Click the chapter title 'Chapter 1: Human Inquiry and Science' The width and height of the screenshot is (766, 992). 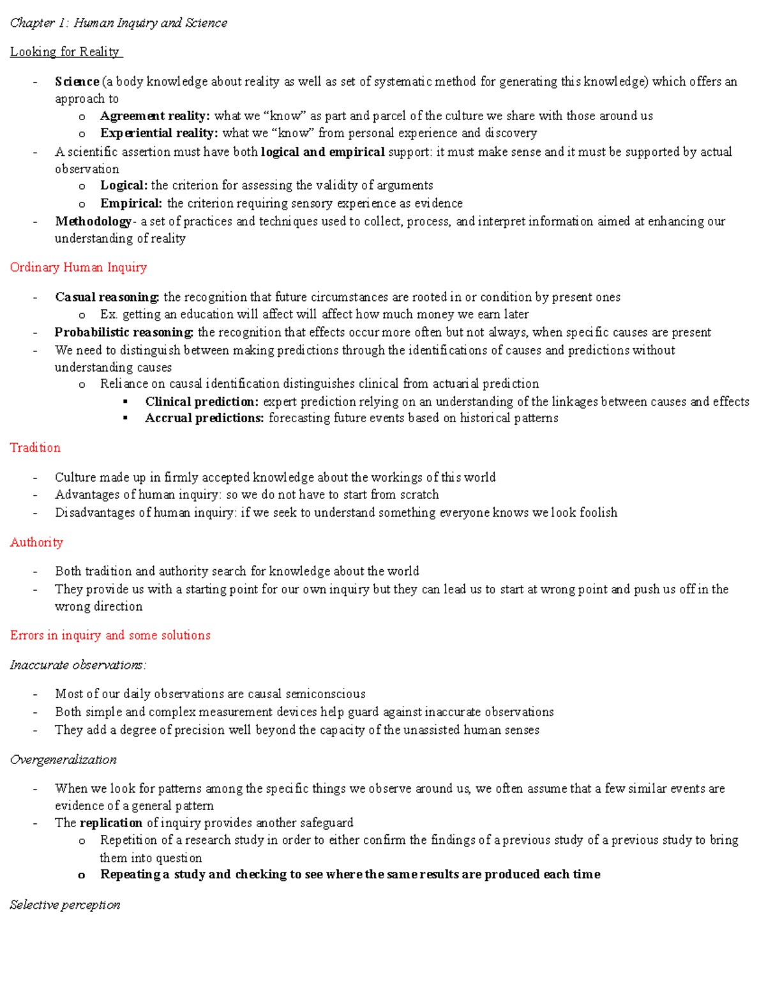click(x=118, y=23)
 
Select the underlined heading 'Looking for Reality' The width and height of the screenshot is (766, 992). click(x=65, y=52)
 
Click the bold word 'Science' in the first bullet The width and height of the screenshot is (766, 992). click(x=77, y=82)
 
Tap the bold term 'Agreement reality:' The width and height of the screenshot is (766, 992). click(x=154, y=116)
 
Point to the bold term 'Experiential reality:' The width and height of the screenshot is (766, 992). click(x=159, y=133)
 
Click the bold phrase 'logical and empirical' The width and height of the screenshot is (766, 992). click(x=323, y=152)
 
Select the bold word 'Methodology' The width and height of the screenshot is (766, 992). click(x=93, y=221)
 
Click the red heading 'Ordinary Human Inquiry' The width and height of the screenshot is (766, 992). click(x=79, y=268)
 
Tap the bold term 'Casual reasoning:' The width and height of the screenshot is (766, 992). click(x=107, y=297)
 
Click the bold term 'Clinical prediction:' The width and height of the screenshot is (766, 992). click(x=202, y=402)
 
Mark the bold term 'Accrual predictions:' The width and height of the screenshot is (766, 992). click(x=204, y=418)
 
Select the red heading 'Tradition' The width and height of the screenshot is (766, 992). click(x=35, y=448)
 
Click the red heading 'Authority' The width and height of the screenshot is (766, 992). click(x=36, y=542)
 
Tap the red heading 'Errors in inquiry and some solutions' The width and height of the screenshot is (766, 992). click(x=110, y=636)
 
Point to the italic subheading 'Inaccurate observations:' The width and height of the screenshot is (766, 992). click(x=78, y=665)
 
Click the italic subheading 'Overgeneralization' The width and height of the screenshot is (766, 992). click(x=63, y=759)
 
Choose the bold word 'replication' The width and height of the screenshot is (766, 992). click(x=111, y=823)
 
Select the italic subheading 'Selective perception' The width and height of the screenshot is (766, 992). click(x=65, y=904)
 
